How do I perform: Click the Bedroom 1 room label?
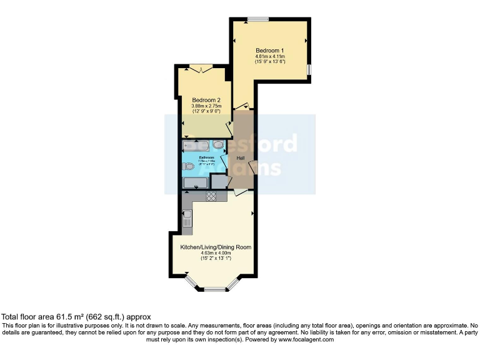tap(270, 49)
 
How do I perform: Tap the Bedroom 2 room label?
tap(206, 100)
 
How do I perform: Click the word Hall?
tap(240, 157)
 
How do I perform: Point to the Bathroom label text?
tap(206, 157)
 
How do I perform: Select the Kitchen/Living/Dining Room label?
tap(216, 247)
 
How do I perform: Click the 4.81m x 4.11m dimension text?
tap(270, 56)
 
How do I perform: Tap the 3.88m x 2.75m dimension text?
tap(206, 106)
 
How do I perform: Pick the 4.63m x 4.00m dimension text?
tap(216, 253)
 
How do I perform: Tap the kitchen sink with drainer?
tap(187, 219)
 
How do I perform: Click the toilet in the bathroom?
tap(189, 166)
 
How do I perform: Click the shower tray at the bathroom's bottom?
tap(195, 182)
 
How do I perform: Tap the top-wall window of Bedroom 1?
tap(257, 19)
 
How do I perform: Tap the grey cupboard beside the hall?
tap(219, 182)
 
